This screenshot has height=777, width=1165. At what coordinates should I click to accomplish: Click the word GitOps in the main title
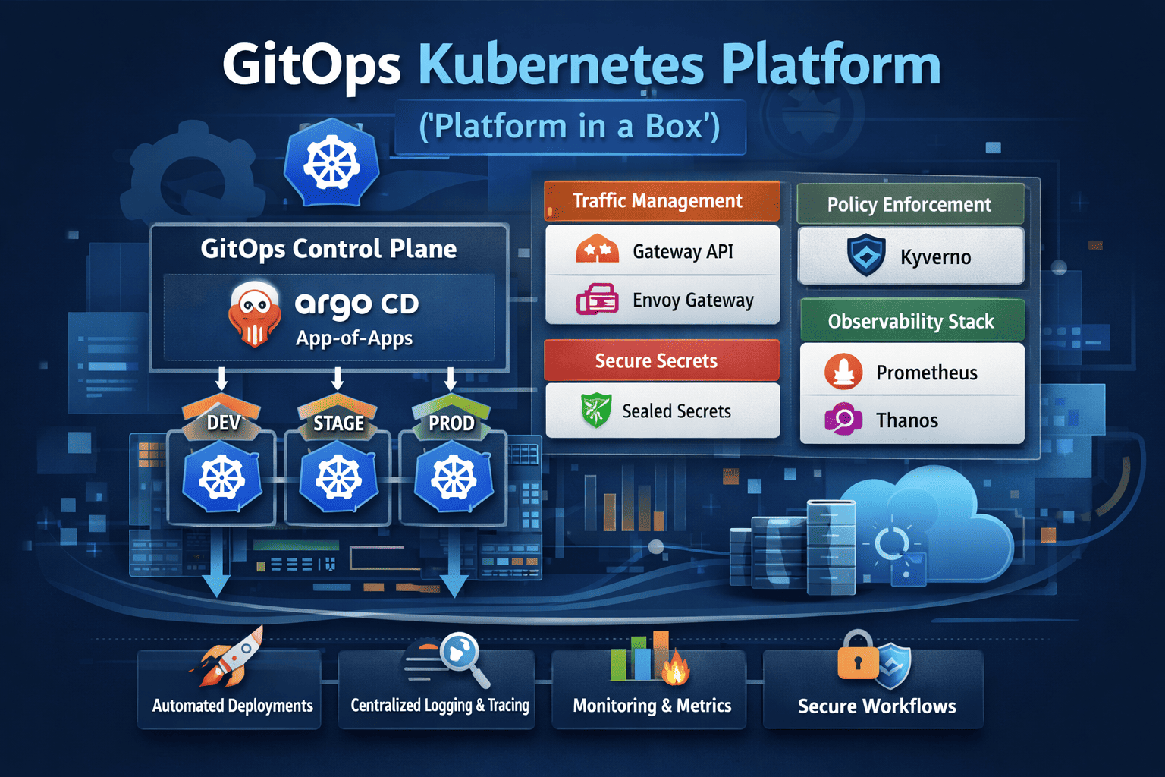click(311, 67)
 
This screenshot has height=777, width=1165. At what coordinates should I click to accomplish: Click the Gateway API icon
click(598, 250)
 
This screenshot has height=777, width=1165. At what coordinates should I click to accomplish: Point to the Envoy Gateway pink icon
click(598, 299)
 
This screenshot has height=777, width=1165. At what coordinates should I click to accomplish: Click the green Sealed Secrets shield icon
click(596, 411)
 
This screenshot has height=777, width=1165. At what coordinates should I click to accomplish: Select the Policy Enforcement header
click(909, 205)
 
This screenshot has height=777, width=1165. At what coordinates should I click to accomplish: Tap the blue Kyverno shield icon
click(866, 255)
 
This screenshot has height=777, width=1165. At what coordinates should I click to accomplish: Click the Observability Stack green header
click(912, 322)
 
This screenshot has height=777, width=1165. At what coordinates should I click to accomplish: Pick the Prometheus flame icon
click(843, 372)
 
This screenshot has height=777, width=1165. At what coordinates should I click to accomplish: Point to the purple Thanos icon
click(843, 419)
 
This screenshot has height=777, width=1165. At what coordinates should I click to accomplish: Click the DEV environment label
click(224, 423)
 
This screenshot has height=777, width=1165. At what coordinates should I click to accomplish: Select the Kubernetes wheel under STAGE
click(338, 479)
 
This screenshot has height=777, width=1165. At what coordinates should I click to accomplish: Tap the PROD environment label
click(451, 423)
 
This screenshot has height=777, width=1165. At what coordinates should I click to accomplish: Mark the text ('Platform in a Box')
click(570, 127)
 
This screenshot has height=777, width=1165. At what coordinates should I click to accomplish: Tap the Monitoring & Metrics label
click(652, 706)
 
